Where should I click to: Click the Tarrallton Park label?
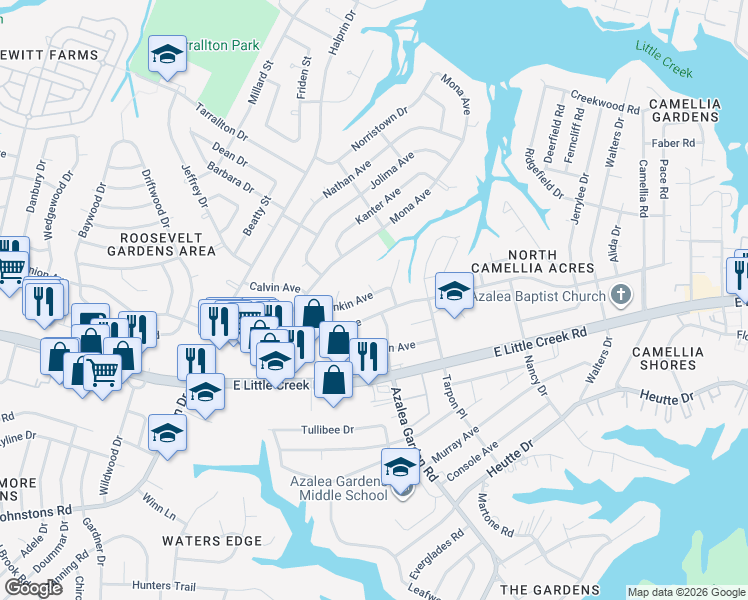226,45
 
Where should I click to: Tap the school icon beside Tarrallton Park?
167,55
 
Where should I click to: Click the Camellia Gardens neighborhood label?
684,110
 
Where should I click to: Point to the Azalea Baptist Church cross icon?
621,295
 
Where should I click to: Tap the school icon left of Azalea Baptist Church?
453,292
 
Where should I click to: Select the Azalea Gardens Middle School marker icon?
400,467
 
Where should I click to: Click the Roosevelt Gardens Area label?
161,244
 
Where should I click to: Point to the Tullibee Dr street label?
328,430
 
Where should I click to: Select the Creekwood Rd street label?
604,106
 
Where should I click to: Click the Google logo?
33,588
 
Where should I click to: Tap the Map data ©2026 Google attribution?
686,592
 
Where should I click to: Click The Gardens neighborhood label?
549,590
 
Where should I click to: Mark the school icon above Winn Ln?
167,434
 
